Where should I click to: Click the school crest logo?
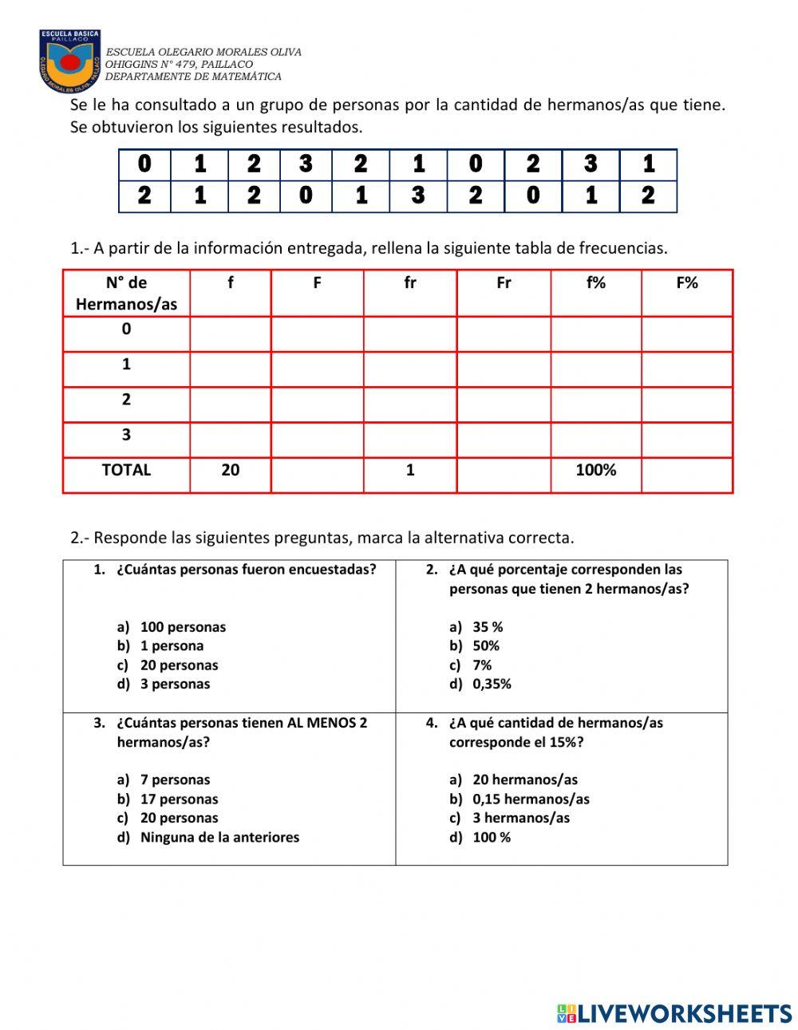pyautogui.click(x=70, y=61)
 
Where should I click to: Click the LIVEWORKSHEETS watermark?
pyautogui.click(x=674, y=1013)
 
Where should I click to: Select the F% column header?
pyautogui.click(x=686, y=283)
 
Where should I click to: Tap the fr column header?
pyautogui.click(x=409, y=283)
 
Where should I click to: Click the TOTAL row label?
pyautogui.click(x=126, y=471)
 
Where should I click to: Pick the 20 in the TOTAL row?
pyautogui.click(x=230, y=471)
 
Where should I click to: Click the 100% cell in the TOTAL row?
pyautogui.click(x=595, y=471)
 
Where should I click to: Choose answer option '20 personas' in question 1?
pyautogui.click(x=179, y=665)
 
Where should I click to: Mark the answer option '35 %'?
pyautogui.click(x=488, y=627)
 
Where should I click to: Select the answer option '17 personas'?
pyautogui.click(x=179, y=799)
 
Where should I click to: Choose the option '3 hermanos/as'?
pyautogui.click(x=521, y=818)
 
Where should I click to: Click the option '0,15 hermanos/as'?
pyautogui.click(x=531, y=799)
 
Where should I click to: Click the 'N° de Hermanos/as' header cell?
pyautogui.click(x=126, y=293)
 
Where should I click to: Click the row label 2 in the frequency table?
pyautogui.click(x=126, y=400)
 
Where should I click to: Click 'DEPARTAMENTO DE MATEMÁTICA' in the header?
pyautogui.click(x=193, y=77)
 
